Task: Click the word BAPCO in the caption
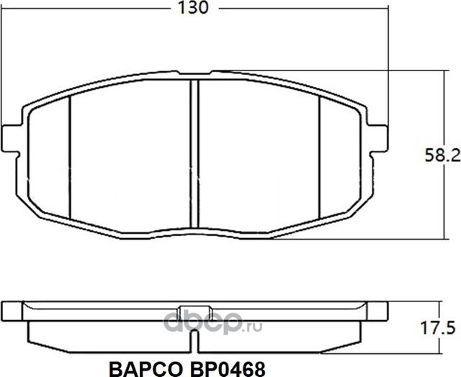tap(143, 367)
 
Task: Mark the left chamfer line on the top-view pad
tap(70, 155)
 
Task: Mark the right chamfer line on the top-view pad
tap(318, 155)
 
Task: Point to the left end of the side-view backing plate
tap(12, 310)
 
